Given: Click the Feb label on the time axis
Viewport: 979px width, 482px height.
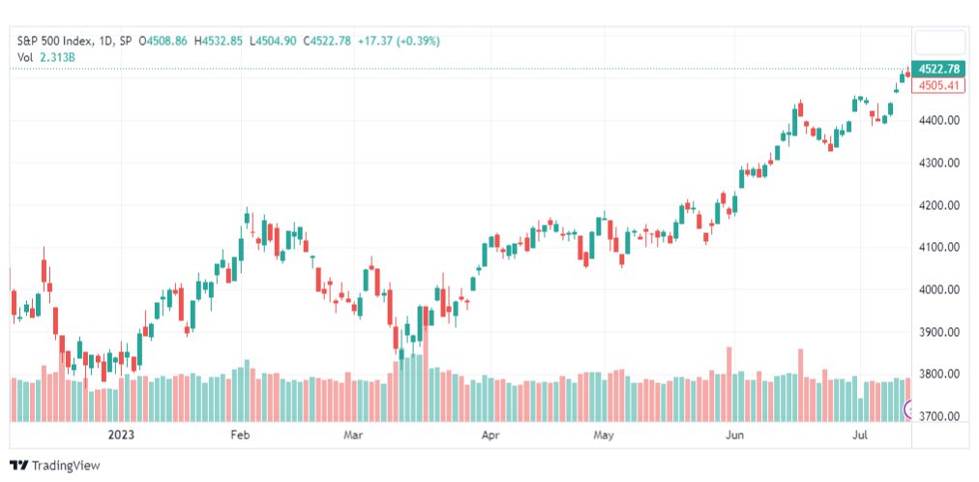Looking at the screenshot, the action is (x=240, y=435).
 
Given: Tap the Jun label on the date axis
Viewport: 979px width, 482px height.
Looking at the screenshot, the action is (x=735, y=435).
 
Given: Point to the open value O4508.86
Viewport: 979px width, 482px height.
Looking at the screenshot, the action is (x=163, y=42).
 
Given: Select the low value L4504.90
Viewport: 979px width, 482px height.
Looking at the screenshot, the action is (x=273, y=42).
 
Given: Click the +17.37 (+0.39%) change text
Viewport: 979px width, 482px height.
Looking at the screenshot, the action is (x=399, y=42).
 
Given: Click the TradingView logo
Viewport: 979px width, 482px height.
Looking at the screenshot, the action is (x=55, y=466).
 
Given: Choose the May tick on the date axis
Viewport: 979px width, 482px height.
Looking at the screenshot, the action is (x=604, y=435).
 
